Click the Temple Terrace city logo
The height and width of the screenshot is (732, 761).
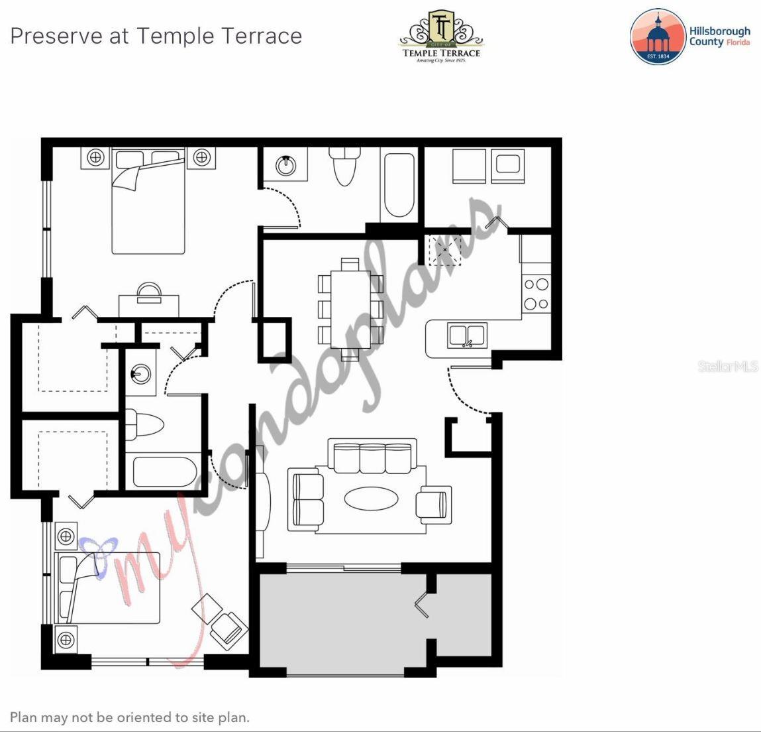coord(441,36)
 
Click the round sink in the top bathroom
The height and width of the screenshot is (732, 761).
coord(286,165)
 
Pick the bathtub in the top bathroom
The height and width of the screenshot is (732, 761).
coord(399,186)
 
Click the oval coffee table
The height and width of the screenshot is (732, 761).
coord(372,499)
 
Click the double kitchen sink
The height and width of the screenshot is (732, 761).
coord(468,335)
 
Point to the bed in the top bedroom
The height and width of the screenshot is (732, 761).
coord(148,202)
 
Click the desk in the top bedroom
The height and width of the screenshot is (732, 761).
coord(149,304)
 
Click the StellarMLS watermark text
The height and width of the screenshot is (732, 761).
coord(727,366)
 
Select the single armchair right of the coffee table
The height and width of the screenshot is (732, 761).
coord(434,502)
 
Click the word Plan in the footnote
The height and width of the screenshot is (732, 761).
coord(23,717)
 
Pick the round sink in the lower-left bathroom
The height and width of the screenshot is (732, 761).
coord(140,374)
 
